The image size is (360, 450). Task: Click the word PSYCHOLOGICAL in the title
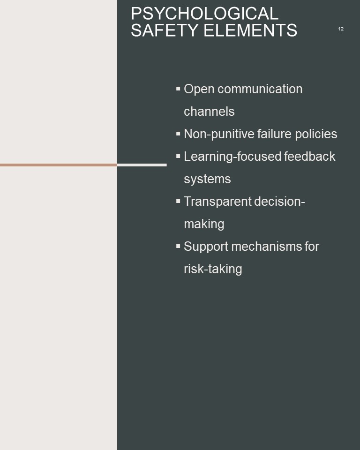(204, 13)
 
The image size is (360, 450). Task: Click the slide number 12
(341, 29)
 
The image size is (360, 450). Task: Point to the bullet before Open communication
(178, 89)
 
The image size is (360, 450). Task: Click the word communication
(260, 89)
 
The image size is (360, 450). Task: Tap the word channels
(209, 112)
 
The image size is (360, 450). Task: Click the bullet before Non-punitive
(178, 134)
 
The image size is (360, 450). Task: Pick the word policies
(316, 134)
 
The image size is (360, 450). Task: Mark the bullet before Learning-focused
(178, 156)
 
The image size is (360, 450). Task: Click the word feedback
(310, 157)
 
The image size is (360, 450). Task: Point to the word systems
(207, 180)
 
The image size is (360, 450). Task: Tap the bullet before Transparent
(178, 201)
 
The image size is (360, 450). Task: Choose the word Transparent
(217, 202)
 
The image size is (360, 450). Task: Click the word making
(204, 224)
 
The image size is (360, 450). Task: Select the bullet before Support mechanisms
(178, 246)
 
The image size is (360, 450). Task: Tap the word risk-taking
(213, 269)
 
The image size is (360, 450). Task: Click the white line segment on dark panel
(142, 165)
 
